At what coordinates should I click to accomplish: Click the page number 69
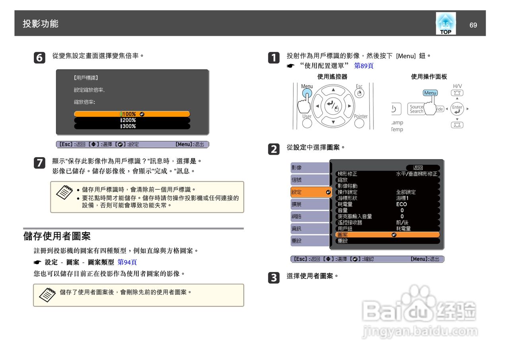tap(473, 25)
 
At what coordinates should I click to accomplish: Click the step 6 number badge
tap(40, 58)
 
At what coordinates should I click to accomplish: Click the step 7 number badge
tap(40, 163)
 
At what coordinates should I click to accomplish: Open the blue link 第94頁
tap(127, 263)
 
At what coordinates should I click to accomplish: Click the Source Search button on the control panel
tap(416, 109)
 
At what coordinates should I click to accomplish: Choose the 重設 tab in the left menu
tap(309, 241)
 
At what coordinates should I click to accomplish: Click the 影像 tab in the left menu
tap(309, 168)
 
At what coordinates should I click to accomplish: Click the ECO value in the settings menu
tap(401, 204)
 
